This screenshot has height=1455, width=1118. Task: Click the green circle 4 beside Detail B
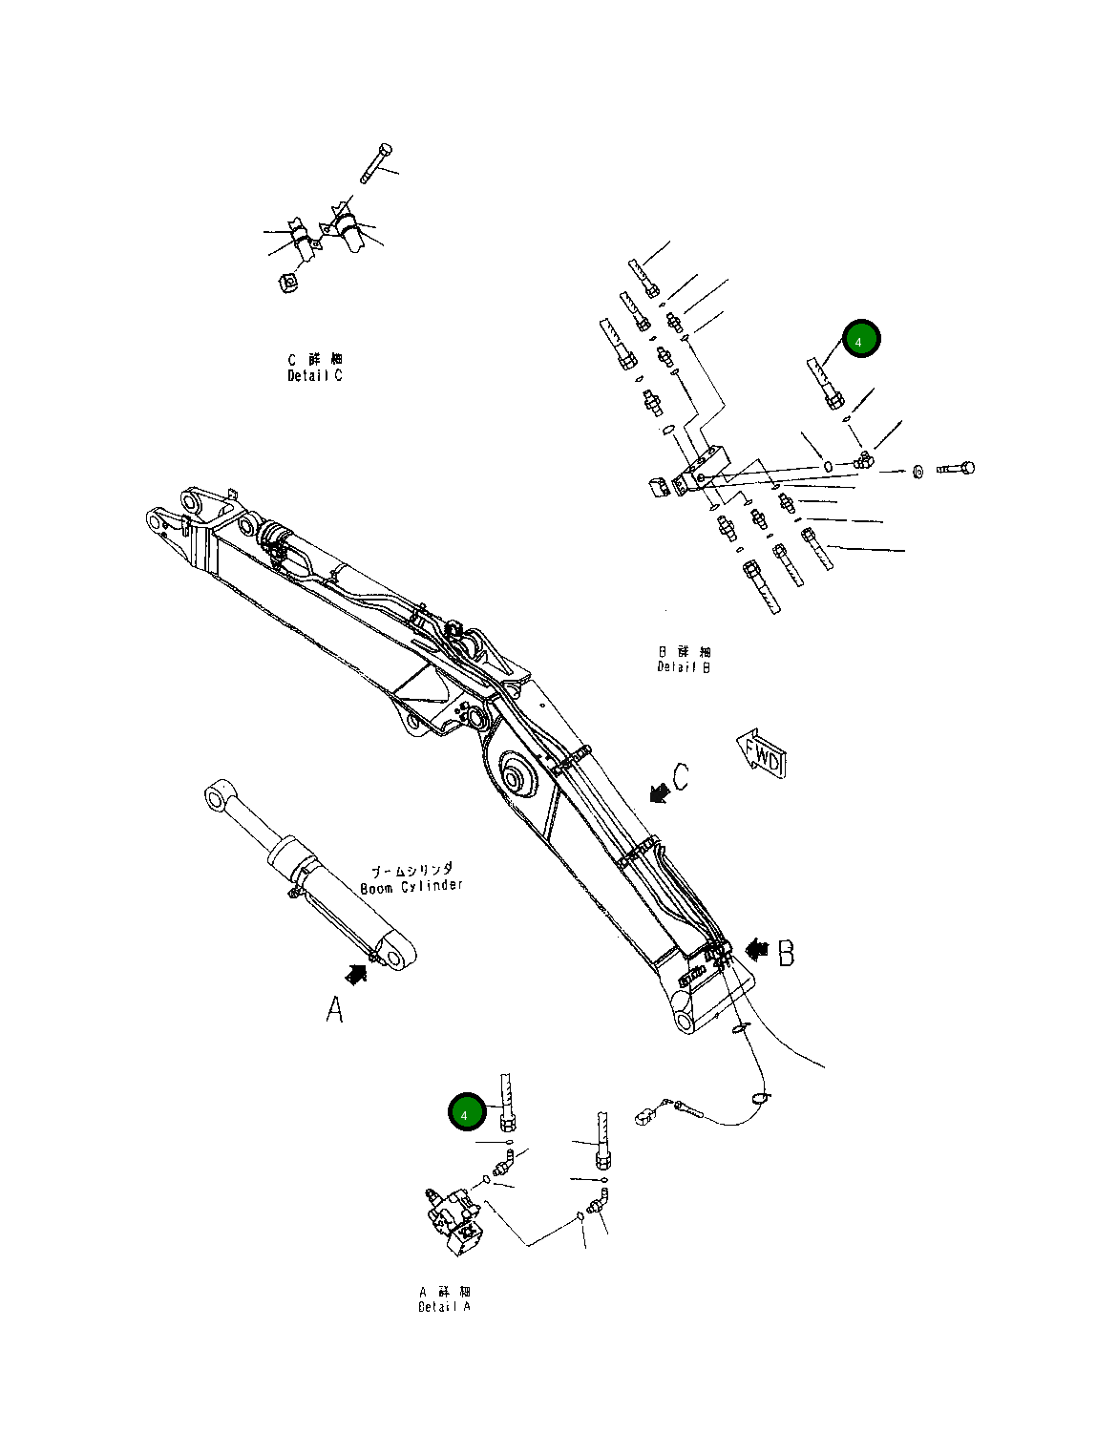860,340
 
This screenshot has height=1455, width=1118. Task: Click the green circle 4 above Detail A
466,1113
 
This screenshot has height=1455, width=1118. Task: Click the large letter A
334,1010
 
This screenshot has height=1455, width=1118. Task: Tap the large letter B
786,953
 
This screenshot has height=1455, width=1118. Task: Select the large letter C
681,777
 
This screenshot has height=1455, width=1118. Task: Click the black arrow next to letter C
657,791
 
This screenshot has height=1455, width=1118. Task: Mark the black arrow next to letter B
758,949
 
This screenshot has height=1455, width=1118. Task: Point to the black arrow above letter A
356,974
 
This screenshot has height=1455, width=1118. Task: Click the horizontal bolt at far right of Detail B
956,469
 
